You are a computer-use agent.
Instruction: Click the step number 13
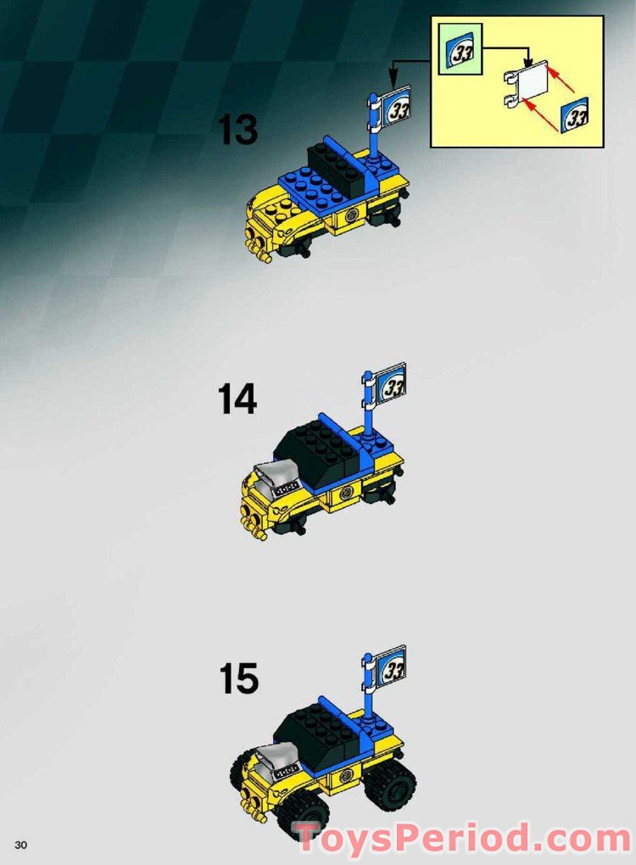(x=237, y=130)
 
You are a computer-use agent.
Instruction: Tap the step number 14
(x=237, y=399)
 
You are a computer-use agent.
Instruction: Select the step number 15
(x=237, y=679)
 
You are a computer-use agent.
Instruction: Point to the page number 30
(x=21, y=845)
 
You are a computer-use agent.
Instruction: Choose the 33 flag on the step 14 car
(x=391, y=385)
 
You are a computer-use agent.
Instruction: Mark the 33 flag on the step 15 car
(x=391, y=667)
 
